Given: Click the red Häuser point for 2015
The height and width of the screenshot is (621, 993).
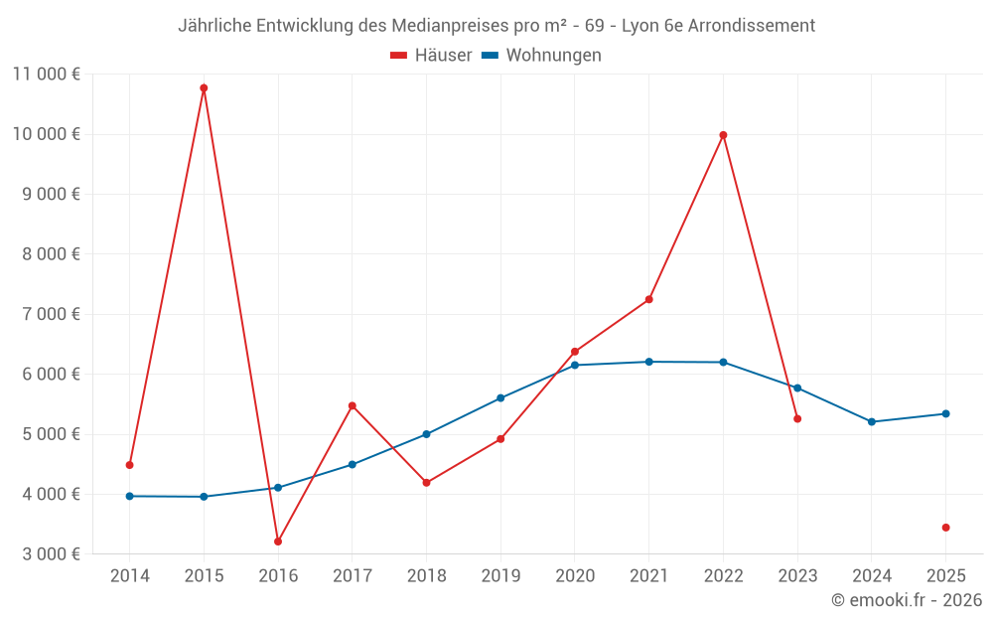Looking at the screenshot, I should (204, 88).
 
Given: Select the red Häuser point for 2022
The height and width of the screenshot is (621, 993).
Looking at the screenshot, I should (723, 135).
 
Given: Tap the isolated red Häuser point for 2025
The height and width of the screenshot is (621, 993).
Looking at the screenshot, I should (945, 528).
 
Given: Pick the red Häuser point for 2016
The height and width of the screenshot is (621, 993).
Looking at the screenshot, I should (278, 542).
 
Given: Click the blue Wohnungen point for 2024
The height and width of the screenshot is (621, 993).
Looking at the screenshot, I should (872, 422).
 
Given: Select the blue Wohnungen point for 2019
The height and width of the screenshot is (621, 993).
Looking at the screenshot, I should (500, 398).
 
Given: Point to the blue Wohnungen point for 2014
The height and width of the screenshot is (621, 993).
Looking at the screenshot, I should (130, 496).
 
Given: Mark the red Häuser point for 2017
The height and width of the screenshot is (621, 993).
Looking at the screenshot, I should (353, 405).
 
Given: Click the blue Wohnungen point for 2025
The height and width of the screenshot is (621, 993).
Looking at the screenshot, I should (945, 414).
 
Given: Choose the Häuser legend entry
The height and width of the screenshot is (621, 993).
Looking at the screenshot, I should (431, 56).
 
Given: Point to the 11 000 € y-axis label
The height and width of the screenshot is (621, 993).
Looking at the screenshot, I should (47, 74).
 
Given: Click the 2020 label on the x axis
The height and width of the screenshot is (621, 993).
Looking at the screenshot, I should (575, 576).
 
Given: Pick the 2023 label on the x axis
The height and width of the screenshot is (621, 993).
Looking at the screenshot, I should (797, 576).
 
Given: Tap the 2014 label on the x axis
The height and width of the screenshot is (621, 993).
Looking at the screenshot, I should (130, 576).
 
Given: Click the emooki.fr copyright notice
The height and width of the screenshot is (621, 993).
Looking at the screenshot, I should (906, 600).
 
